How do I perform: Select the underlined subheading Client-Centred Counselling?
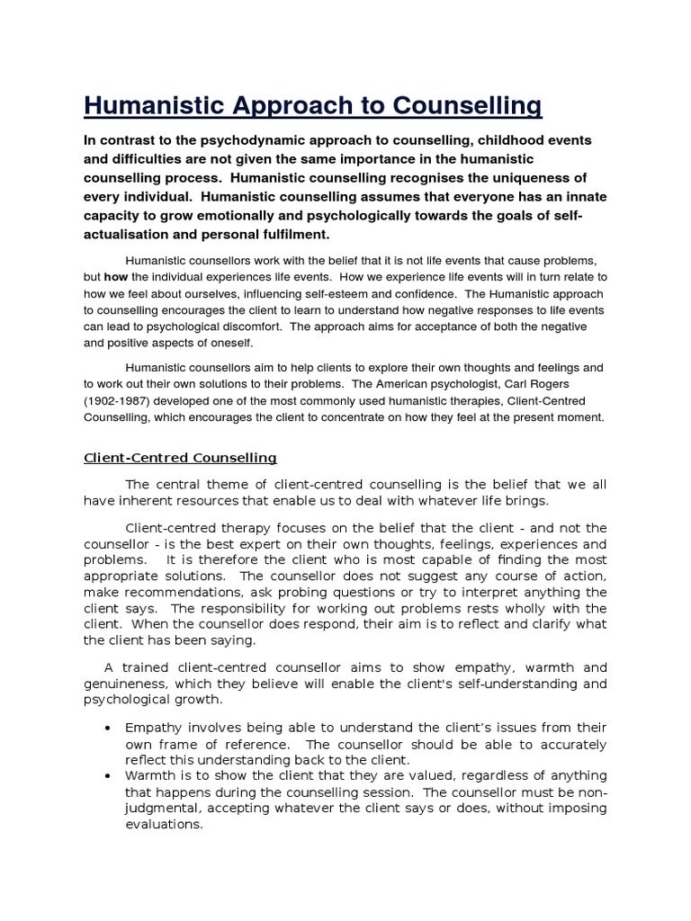click(180, 458)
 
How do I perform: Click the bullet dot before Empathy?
click(108, 727)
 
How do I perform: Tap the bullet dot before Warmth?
click(108, 775)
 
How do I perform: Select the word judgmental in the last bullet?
click(164, 808)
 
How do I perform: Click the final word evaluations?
click(165, 824)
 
